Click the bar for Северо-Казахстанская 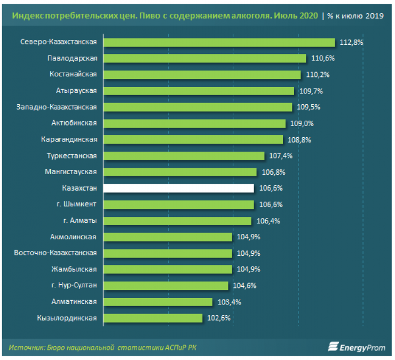[219, 42]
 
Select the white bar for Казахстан [178, 188]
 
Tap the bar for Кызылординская [153, 318]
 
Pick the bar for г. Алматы [177, 221]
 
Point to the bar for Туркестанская [184, 155]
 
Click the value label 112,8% [351, 42]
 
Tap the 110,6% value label [321, 58]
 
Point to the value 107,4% [280, 155]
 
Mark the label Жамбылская [74, 269]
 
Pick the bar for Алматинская [157, 302]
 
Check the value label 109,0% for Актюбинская [301, 123]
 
